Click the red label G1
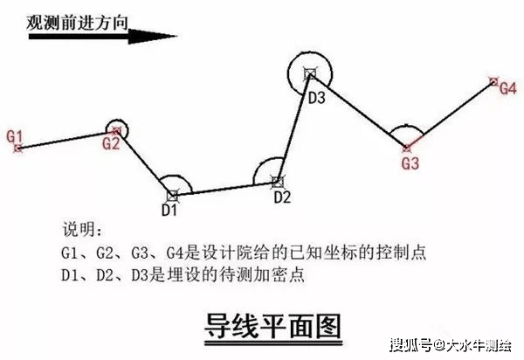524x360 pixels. pos(14,135)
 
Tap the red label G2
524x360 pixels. pos(110,144)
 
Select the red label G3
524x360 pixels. pos(410,163)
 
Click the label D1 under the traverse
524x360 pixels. pos(169,210)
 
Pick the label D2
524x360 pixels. pos(281,197)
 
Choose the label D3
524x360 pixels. pos(316,98)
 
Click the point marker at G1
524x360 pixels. pos(17,149)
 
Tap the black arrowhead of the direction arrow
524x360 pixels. pos(162,38)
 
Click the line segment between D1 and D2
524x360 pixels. pos(224,188)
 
